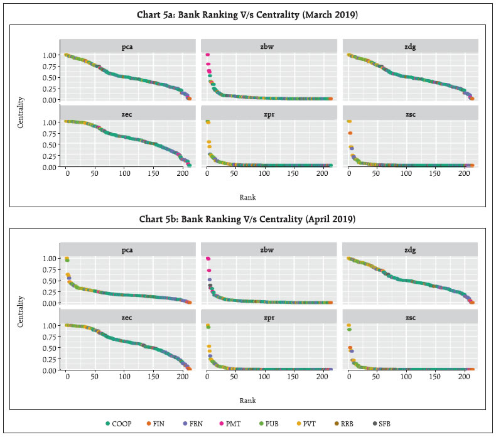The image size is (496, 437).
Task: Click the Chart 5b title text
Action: (x=247, y=219)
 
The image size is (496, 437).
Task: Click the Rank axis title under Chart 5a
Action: (x=247, y=197)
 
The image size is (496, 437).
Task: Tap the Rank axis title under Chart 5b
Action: (x=247, y=400)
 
